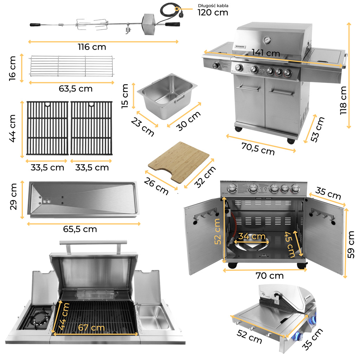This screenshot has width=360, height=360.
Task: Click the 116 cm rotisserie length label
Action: pyautogui.click(x=92, y=47)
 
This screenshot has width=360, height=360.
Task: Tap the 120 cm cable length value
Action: pyautogui.click(x=213, y=12)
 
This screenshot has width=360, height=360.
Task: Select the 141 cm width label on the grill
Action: pyautogui.click(x=266, y=53)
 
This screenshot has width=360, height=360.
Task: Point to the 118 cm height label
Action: pyautogui.click(x=343, y=100)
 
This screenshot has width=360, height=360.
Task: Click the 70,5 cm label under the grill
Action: pyautogui.click(x=258, y=149)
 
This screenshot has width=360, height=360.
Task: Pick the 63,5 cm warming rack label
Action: pyautogui.click(x=76, y=89)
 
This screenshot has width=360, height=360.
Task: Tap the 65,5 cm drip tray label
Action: pyautogui.click(x=80, y=229)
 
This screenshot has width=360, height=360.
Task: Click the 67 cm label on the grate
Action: pyautogui.click(x=91, y=327)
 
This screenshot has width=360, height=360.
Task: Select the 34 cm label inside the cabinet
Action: pyautogui.click(x=252, y=236)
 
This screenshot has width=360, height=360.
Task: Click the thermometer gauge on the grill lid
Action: pyautogui.click(x=267, y=40)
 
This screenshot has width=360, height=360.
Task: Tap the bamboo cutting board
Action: pyautogui.click(x=179, y=162)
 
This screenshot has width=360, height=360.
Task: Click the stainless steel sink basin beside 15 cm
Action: pyautogui.click(x=167, y=96)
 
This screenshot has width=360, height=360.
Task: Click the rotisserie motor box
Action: pyautogui.click(x=149, y=24)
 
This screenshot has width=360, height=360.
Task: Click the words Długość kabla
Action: pyautogui.click(x=213, y=6)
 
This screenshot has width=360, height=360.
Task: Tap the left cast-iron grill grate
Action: pyautogui.click(x=47, y=128)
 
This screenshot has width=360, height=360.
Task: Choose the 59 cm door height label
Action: pyautogui.click(x=351, y=245)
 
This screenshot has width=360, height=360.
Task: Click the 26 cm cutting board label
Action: pyautogui.click(x=156, y=186)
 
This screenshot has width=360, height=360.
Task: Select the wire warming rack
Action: pyautogui.click(x=72, y=66)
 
